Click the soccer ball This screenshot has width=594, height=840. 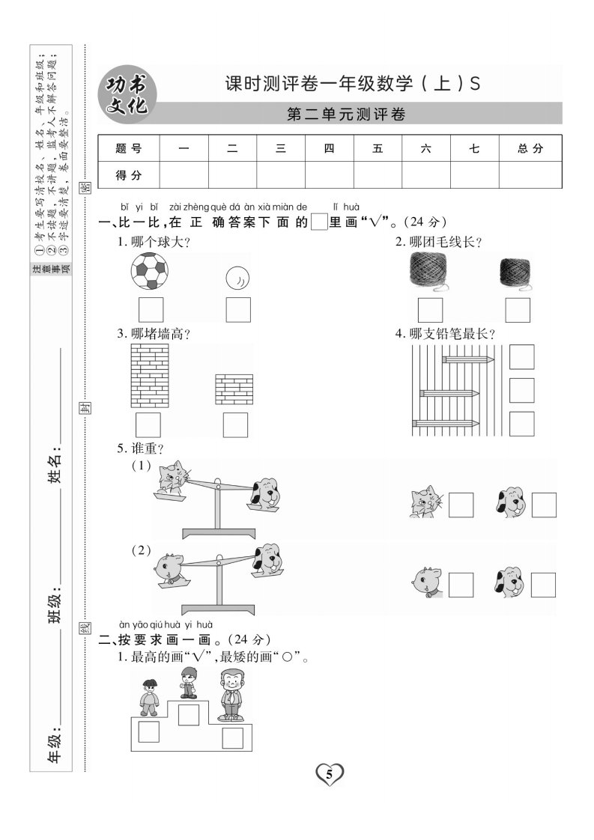(150, 271)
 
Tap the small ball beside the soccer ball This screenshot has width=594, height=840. (237, 278)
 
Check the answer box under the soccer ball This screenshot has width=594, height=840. (151, 310)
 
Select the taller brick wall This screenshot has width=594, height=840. (150, 376)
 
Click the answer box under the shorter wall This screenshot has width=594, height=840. (235, 424)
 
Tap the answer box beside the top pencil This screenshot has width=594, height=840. (521, 357)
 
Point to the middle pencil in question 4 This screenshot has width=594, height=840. (449, 394)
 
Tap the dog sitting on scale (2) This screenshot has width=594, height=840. (268, 559)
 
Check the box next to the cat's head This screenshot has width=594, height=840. (461, 505)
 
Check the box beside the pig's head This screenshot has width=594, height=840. (461, 585)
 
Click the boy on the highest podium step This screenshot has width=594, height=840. (188, 683)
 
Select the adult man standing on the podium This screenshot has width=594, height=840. (232, 695)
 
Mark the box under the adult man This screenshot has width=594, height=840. (233, 738)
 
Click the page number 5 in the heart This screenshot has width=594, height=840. (329, 773)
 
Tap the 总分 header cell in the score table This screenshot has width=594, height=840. (530, 148)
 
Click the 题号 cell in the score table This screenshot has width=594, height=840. (129, 148)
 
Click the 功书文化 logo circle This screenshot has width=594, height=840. (127, 95)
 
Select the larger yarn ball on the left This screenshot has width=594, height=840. (429, 270)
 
